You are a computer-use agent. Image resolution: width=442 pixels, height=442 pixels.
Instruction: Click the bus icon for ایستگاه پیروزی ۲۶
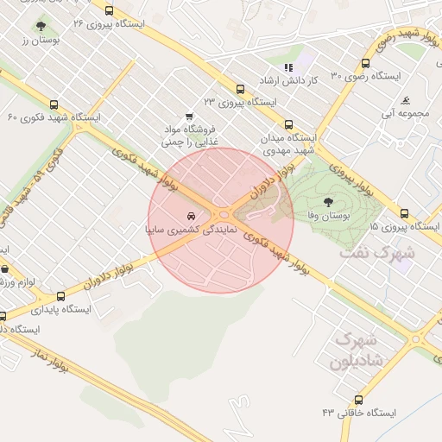tap(109, 11)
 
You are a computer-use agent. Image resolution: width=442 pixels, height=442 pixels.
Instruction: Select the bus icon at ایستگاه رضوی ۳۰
tap(365, 64)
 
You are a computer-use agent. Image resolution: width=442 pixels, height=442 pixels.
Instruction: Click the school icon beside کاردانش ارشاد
tap(288, 68)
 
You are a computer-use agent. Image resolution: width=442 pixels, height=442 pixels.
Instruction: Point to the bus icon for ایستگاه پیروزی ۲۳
tap(240, 89)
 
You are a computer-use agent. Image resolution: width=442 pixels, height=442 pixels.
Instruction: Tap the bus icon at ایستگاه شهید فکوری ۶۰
tap(54, 104)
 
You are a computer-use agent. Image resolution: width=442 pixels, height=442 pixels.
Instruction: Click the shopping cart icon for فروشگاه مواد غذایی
tap(188, 117)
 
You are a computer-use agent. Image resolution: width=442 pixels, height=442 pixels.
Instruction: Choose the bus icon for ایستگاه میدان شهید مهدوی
tap(288, 123)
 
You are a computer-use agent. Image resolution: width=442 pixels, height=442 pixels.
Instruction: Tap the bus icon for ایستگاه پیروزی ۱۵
tap(403, 213)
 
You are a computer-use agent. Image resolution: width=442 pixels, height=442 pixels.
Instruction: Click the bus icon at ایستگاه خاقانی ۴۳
tap(358, 400)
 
